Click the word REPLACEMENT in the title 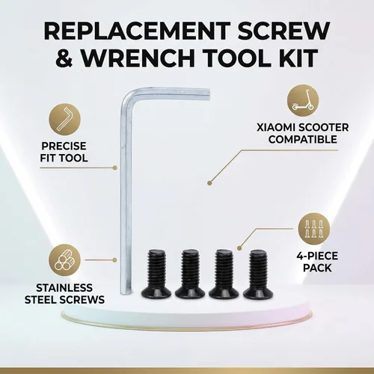(137, 31)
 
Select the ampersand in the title (64, 58)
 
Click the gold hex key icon (64, 119)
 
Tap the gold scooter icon (303, 100)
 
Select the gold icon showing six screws (314, 229)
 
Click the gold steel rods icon (64, 260)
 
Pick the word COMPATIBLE (303, 139)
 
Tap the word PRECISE (64, 146)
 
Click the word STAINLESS (64, 288)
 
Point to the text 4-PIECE (317, 256)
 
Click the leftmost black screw (156, 274)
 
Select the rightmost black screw (258, 274)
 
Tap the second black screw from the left (190, 274)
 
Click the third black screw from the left (224, 274)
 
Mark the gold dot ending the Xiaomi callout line (209, 183)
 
